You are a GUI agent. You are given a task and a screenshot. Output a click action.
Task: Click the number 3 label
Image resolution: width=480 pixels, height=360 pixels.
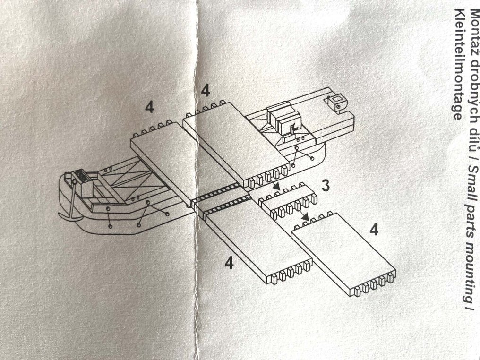click(326, 186)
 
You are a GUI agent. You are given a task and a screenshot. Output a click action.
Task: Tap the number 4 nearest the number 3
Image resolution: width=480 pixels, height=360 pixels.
click(374, 231)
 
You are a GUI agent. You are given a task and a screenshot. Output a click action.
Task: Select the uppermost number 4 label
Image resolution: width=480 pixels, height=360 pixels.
click(205, 91)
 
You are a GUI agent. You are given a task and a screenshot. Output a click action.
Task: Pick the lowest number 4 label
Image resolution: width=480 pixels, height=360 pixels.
click(230, 263)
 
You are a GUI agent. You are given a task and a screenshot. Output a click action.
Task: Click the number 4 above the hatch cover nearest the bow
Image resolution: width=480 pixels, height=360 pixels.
click(149, 108)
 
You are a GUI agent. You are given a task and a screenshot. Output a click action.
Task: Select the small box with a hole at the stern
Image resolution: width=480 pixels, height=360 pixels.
click(336, 101)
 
